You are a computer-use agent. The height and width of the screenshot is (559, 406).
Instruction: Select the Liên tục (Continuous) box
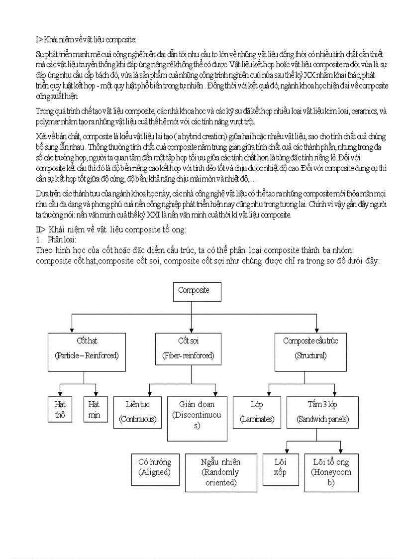[137, 412]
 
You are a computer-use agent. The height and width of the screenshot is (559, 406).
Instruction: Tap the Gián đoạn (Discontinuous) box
[197, 419]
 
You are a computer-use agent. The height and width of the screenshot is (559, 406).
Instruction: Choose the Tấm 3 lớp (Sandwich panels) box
[322, 412]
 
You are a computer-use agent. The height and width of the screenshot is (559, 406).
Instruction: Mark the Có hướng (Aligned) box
[155, 469]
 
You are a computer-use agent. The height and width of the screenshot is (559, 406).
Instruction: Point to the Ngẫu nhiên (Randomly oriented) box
[220, 472]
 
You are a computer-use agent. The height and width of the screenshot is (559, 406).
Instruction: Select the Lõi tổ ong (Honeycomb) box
[331, 472]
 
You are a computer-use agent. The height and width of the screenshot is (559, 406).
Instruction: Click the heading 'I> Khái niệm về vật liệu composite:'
[86, 40]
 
